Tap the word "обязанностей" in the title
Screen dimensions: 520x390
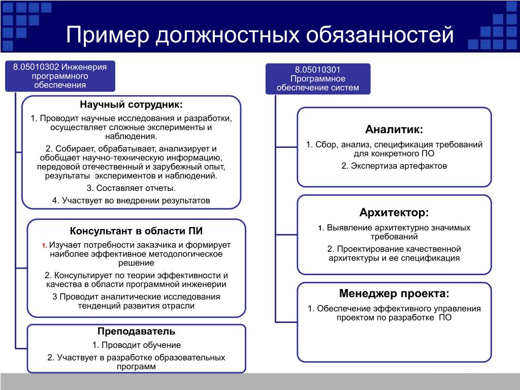380,35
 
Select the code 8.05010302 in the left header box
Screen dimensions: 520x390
36,67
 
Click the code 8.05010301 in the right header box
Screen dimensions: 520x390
318,70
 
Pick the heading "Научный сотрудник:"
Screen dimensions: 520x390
132,105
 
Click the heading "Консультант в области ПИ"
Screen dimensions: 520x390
136,231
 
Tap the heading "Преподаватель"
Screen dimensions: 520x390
136,331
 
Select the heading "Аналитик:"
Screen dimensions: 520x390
394,129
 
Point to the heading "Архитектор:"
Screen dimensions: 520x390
394,213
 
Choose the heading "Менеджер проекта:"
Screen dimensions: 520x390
394,294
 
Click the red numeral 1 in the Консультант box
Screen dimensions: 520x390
44,246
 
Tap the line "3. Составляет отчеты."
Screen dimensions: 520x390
132,188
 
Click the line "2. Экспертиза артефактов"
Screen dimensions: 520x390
394,166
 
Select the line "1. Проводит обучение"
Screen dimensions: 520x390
136,345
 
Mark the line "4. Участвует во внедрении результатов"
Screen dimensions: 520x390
132,201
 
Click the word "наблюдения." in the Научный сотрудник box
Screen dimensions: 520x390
132,136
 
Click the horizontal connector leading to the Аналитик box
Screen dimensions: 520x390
286,147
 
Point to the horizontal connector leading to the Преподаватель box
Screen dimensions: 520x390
21,348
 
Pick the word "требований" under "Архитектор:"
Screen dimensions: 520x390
394,237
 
